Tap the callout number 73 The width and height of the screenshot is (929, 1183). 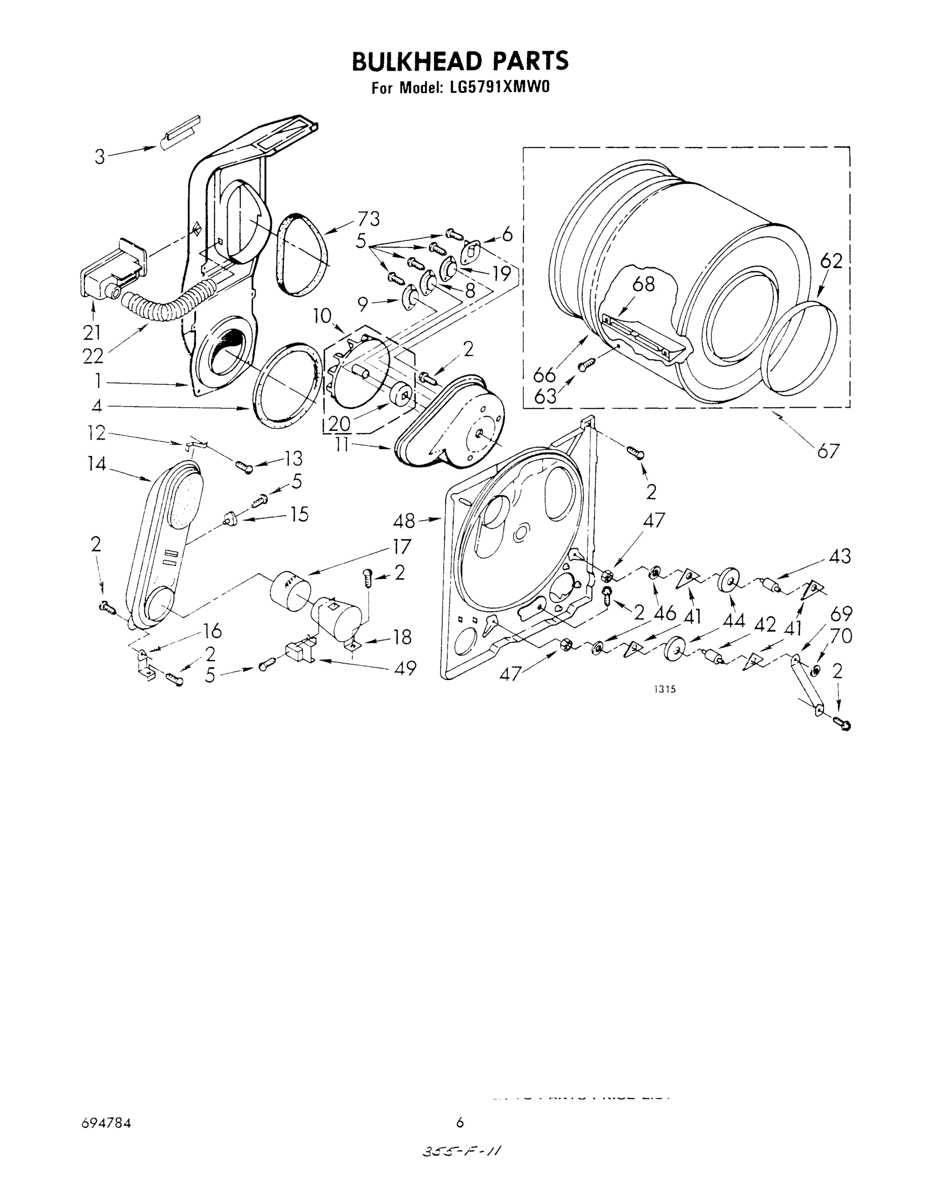click(368, 219)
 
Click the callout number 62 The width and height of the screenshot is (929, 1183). click(830, 261)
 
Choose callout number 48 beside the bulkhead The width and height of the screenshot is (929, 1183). click(404, 521)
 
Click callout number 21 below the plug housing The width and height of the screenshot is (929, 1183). click(92, 332)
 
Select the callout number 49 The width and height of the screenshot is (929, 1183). click(404, 667)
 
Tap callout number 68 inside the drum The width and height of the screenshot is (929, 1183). click(644, 284)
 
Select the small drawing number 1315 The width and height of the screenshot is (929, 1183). click(665, 689)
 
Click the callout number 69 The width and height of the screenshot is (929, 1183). click(840, 614)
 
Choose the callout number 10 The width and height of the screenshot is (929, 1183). click(322, 315)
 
